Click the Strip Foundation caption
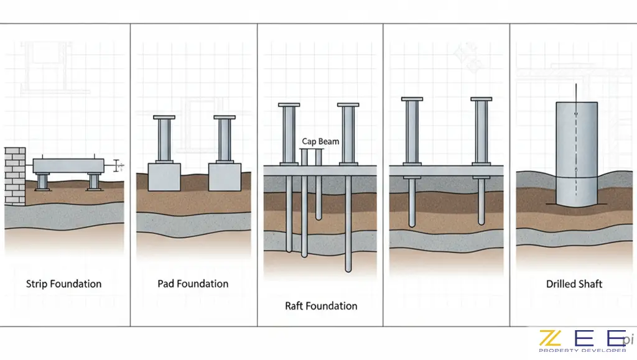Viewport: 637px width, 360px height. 63,284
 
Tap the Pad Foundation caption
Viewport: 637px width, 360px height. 193,284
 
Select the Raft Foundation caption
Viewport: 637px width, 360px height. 321,306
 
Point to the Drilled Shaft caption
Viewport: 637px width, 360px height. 574,284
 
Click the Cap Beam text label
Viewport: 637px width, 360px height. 320,142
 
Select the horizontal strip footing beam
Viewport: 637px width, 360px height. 68,166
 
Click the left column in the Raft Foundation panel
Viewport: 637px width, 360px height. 289,134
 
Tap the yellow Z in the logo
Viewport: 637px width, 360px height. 550,338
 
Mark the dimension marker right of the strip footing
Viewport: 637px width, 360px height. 119,166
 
